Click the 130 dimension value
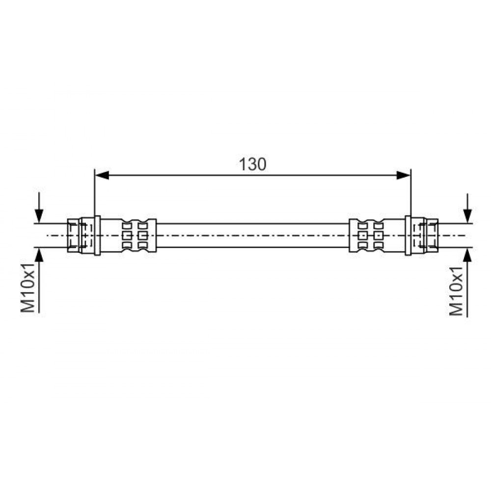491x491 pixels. (x=252, y=164)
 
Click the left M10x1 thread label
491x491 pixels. (x=27, y=288)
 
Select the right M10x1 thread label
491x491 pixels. (x=456, y=291)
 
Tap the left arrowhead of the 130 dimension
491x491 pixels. (x=102, y=175)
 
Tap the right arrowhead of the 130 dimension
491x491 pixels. (x=403, y=175)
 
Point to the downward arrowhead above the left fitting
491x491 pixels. (x=39, y=216)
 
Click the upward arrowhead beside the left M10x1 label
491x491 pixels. (x=39, y=254)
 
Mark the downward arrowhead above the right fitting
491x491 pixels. (x=467, y=216)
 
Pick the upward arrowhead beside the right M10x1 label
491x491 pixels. (x=467, y=254)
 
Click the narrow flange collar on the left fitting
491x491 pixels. (x=97, y=236)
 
